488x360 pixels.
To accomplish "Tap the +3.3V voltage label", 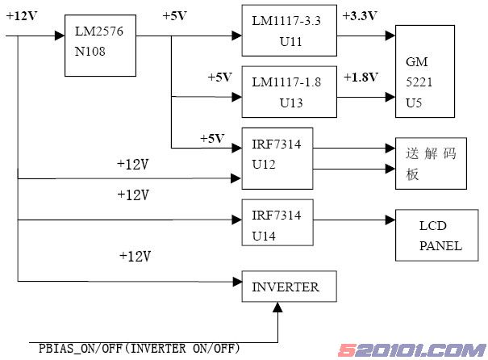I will (358, 16).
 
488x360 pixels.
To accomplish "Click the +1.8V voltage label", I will (358, 77).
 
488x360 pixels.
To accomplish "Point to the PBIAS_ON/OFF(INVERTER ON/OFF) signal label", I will (140, 348).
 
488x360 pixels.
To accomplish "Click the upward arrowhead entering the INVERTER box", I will (279, 308).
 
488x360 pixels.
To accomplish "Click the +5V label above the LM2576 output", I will (176, 16).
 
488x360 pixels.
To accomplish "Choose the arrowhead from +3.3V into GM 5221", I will (391, 36).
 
